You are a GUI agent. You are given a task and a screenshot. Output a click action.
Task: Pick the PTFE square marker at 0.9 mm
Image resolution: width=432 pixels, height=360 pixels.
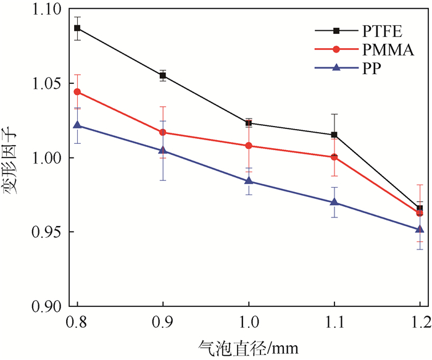163,76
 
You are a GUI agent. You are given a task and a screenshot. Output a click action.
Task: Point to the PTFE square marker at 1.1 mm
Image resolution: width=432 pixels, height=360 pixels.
334,135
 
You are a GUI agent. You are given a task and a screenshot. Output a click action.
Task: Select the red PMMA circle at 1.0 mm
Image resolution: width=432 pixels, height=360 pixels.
249,146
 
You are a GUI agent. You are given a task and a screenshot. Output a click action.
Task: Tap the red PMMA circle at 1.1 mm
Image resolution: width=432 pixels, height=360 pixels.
334,157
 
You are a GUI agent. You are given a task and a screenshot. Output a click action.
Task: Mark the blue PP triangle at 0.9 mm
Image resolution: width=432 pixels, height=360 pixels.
163,151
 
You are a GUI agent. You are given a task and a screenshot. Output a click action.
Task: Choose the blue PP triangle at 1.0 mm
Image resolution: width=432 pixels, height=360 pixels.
249,181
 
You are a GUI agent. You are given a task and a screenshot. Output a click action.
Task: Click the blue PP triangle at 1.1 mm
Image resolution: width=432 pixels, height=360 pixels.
334,202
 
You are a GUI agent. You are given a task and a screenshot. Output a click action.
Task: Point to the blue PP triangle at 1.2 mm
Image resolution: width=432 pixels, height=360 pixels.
420,229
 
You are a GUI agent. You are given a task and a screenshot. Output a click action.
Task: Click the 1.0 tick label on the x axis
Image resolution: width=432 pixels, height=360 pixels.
249,322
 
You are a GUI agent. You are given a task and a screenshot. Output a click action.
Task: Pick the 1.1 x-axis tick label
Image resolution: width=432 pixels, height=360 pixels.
334,322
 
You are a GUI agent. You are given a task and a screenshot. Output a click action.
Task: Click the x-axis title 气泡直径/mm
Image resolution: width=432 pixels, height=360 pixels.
248,348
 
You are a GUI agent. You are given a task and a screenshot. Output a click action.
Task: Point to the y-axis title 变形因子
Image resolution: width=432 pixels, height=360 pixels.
12,158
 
